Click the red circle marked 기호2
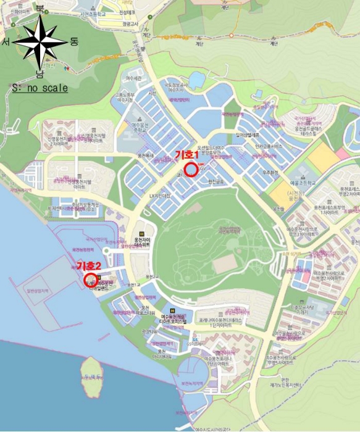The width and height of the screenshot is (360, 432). (x=90, y=280)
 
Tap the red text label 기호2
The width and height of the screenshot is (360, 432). (x=89, y=265)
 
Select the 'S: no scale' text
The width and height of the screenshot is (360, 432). (x=40, y=88)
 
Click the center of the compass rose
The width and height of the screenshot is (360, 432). (x=40, y=42)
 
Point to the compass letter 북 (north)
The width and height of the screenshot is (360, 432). (x=40, y=9)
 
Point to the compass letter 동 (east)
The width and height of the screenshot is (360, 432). (x=74, y=42)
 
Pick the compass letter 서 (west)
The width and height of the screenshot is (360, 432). (x=7, y=42)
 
